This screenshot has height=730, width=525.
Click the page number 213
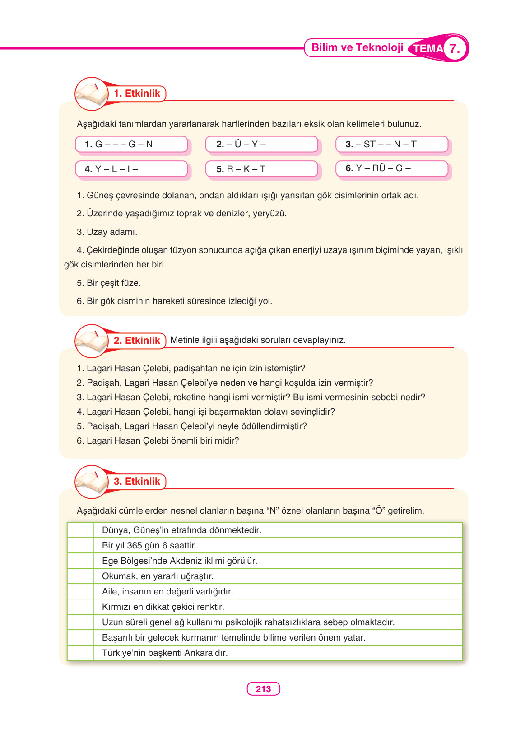tap(263, 689)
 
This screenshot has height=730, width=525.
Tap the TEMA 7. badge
tap(438, 48)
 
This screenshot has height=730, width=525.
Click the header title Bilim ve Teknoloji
tap(357, 48)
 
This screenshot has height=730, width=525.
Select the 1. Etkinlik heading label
tap(137, 94)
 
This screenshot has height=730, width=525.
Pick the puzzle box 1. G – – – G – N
tap(131, 144)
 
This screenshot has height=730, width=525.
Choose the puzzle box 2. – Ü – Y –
tap(261, 144)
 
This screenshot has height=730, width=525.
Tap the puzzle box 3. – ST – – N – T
tap(391, 144)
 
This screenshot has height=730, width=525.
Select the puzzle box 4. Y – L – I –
tap(131, 169)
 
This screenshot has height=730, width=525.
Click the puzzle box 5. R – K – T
tap(261, 169)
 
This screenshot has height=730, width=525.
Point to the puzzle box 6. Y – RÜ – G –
tap(391, 168)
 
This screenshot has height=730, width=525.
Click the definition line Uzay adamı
tap(107, 232)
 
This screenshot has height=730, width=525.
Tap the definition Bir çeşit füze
tap(109, 283)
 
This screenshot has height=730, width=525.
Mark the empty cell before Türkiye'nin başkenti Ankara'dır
tap(80, 653)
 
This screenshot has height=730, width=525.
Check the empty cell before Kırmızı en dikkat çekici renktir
tap(80, 607)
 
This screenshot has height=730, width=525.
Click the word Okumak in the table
tap(119, 576)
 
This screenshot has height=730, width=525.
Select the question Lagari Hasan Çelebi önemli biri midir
tap(158, 441)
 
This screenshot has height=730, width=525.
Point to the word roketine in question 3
tap(189, 398)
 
